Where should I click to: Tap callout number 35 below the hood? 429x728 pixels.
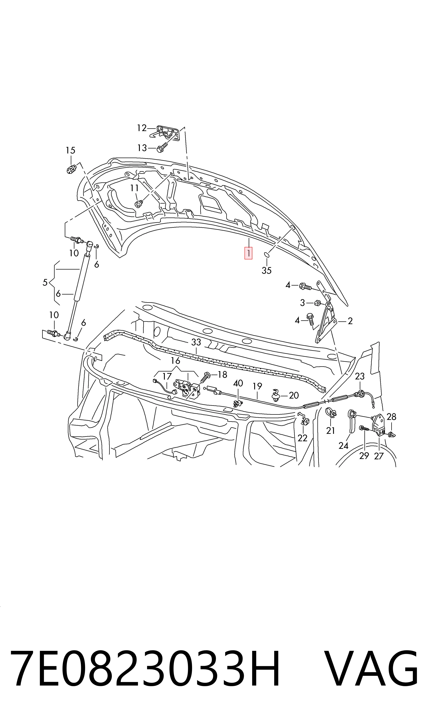(x=267, y=271)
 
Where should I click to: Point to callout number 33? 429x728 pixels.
(x=196, y=342)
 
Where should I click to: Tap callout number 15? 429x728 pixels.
(x=71, y=150)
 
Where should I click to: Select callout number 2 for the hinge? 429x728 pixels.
(x=350, y=321)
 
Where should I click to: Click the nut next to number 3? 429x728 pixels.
(x=318, y=303)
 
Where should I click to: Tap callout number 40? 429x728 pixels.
(x=238, y=383)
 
